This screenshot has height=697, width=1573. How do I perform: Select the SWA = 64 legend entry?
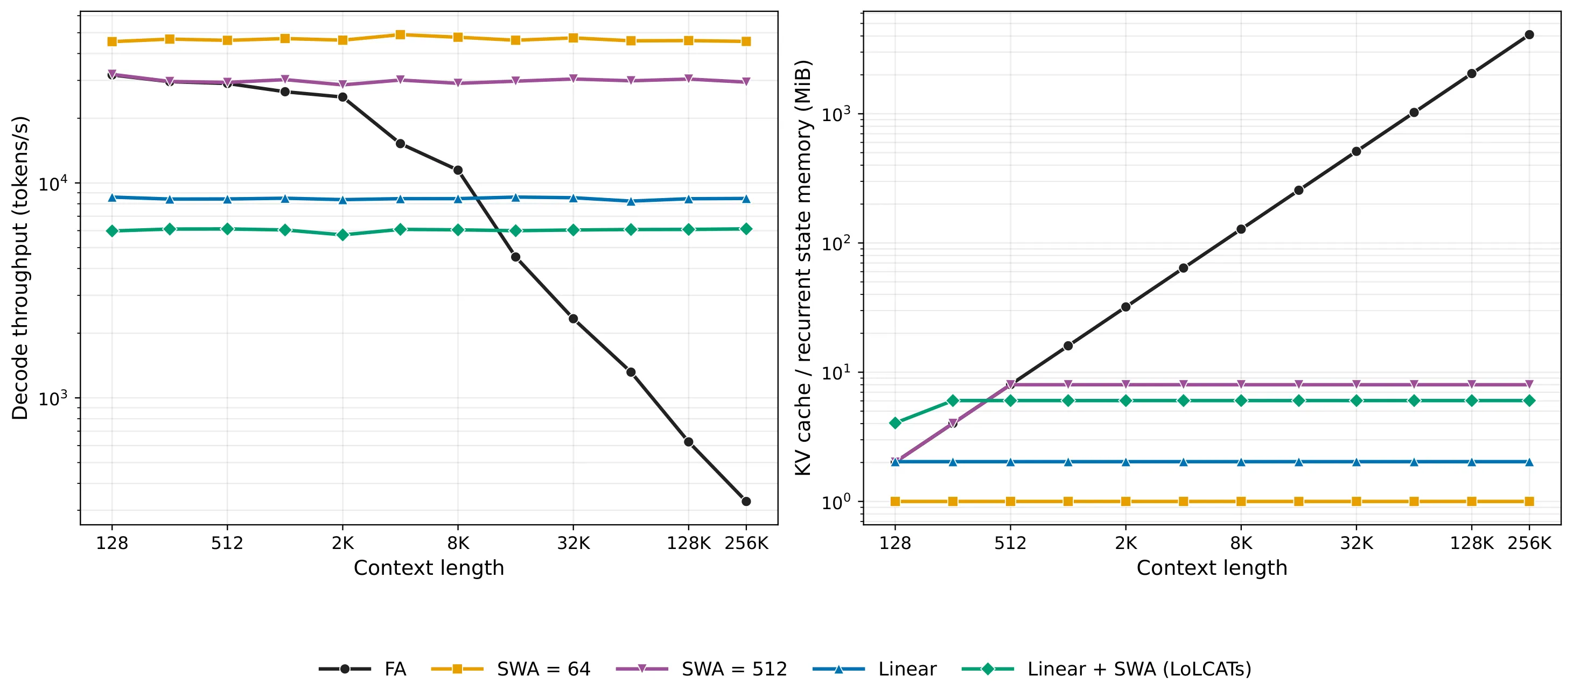pos(511,669)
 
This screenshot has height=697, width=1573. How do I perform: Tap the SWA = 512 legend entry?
pos(701,669)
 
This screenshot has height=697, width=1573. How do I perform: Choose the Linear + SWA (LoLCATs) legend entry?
pos(1106,669)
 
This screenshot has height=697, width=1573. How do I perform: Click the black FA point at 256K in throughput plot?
pos(746,501)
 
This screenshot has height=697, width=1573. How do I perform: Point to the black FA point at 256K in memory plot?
pos(1529,35)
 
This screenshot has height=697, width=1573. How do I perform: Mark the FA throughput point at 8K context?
pos(457,170)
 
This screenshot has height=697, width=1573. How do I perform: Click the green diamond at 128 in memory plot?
pos(895,423)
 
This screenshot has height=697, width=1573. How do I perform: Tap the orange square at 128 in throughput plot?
pos(112,41)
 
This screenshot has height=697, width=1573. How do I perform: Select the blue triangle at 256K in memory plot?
pos(1529,462)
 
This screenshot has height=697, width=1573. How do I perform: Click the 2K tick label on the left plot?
pos(342,543)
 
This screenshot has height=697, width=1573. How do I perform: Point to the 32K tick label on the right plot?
pos(1356,543)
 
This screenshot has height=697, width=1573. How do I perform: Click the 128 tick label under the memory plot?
pos(895,543)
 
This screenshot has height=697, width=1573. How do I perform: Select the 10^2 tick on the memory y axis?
pos(835,243)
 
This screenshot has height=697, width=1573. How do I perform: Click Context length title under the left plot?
pos(429,568)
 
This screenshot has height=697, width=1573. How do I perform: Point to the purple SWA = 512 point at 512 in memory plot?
pos(1011,384)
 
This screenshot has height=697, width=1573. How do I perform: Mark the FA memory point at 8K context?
pos(1241,229)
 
